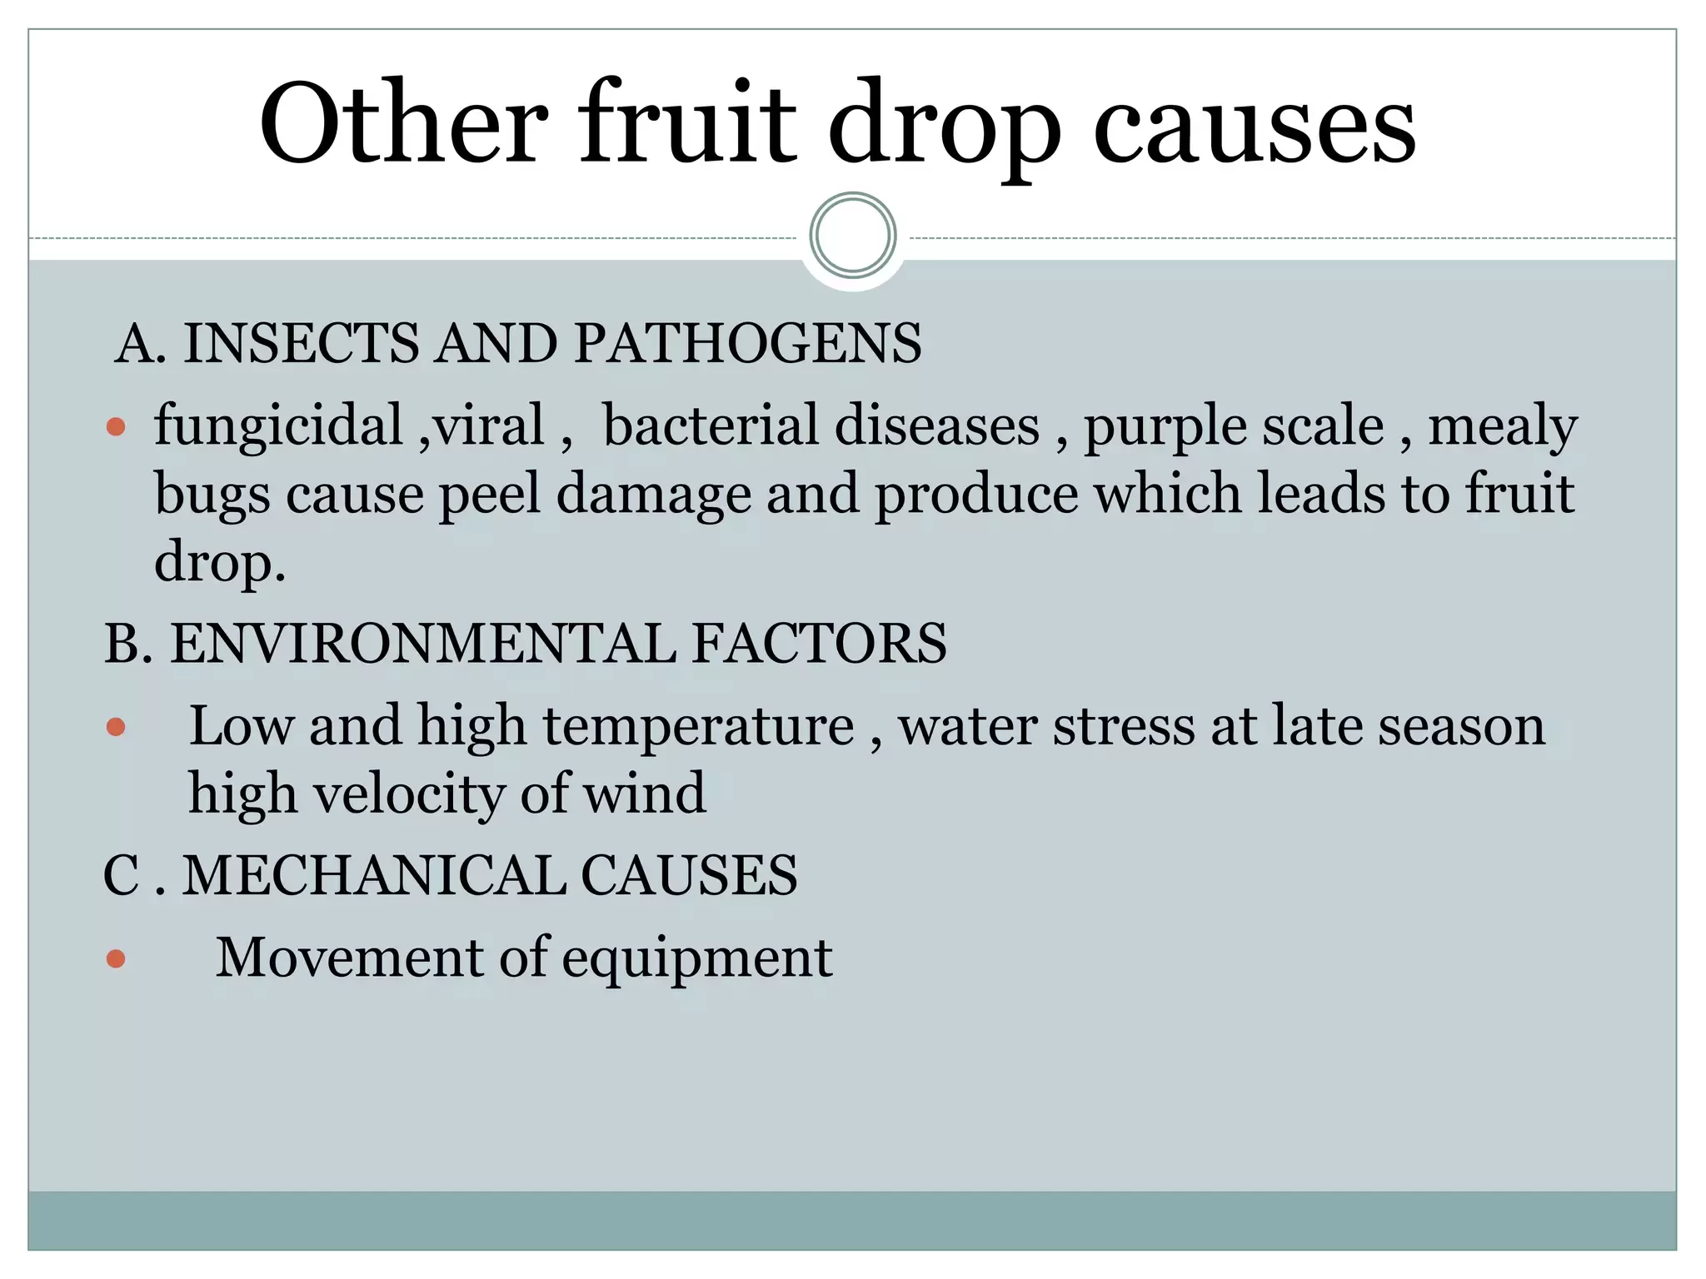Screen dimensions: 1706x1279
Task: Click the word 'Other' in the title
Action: click(x=405, y=122)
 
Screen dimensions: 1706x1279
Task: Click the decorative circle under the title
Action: click(x=853, y=236)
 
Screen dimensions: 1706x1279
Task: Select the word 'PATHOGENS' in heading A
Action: click(x=748, y=343)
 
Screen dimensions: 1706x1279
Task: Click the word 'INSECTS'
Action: click(x=301, y=343)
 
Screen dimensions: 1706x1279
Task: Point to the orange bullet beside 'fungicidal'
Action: click(x=117, y=428)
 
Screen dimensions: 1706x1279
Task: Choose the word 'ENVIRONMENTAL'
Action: click(x=423, y=644)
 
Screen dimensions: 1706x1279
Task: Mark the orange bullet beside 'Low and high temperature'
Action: click(x=117, y=728)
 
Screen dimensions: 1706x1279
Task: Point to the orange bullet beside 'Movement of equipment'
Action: click(x=117, y=960)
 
